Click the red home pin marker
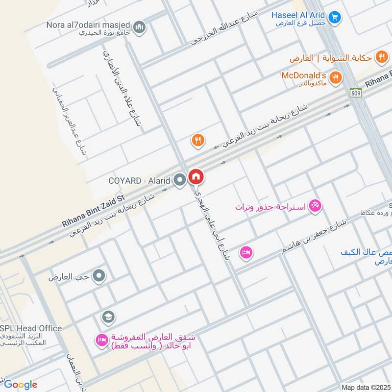pyautogui.click(x=196, y=177)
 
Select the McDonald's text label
pyautogui.click(x=304, y=75)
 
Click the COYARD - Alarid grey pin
pyautogui.click(x=180, y=180)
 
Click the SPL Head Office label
pyautogui.click(x=31, y=328)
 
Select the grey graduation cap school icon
pyautogui.click(x=108, y=318)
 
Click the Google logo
pyautogui.click(x=21, y=385)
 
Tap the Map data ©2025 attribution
pyautogui.click(x=366, y=387)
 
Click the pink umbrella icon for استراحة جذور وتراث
pyautogui.click(x=315, y=206)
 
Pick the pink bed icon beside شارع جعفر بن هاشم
pyautogui.click(x=246, y=252)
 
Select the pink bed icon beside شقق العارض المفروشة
pyautogui.click(x=102, y=339)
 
